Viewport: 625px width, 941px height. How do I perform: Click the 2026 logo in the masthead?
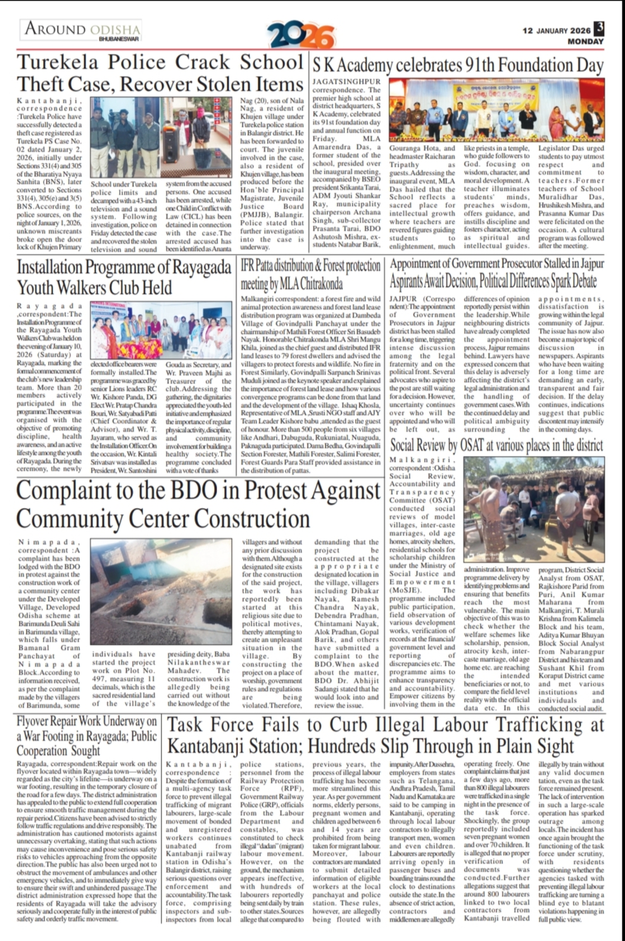pyautogui.click(x=300, y=35)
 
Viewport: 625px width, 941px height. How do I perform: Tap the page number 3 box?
pyautogui.click(x=599, y=29)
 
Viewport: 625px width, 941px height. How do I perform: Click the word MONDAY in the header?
pyautogui.click(x=585, y=42)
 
